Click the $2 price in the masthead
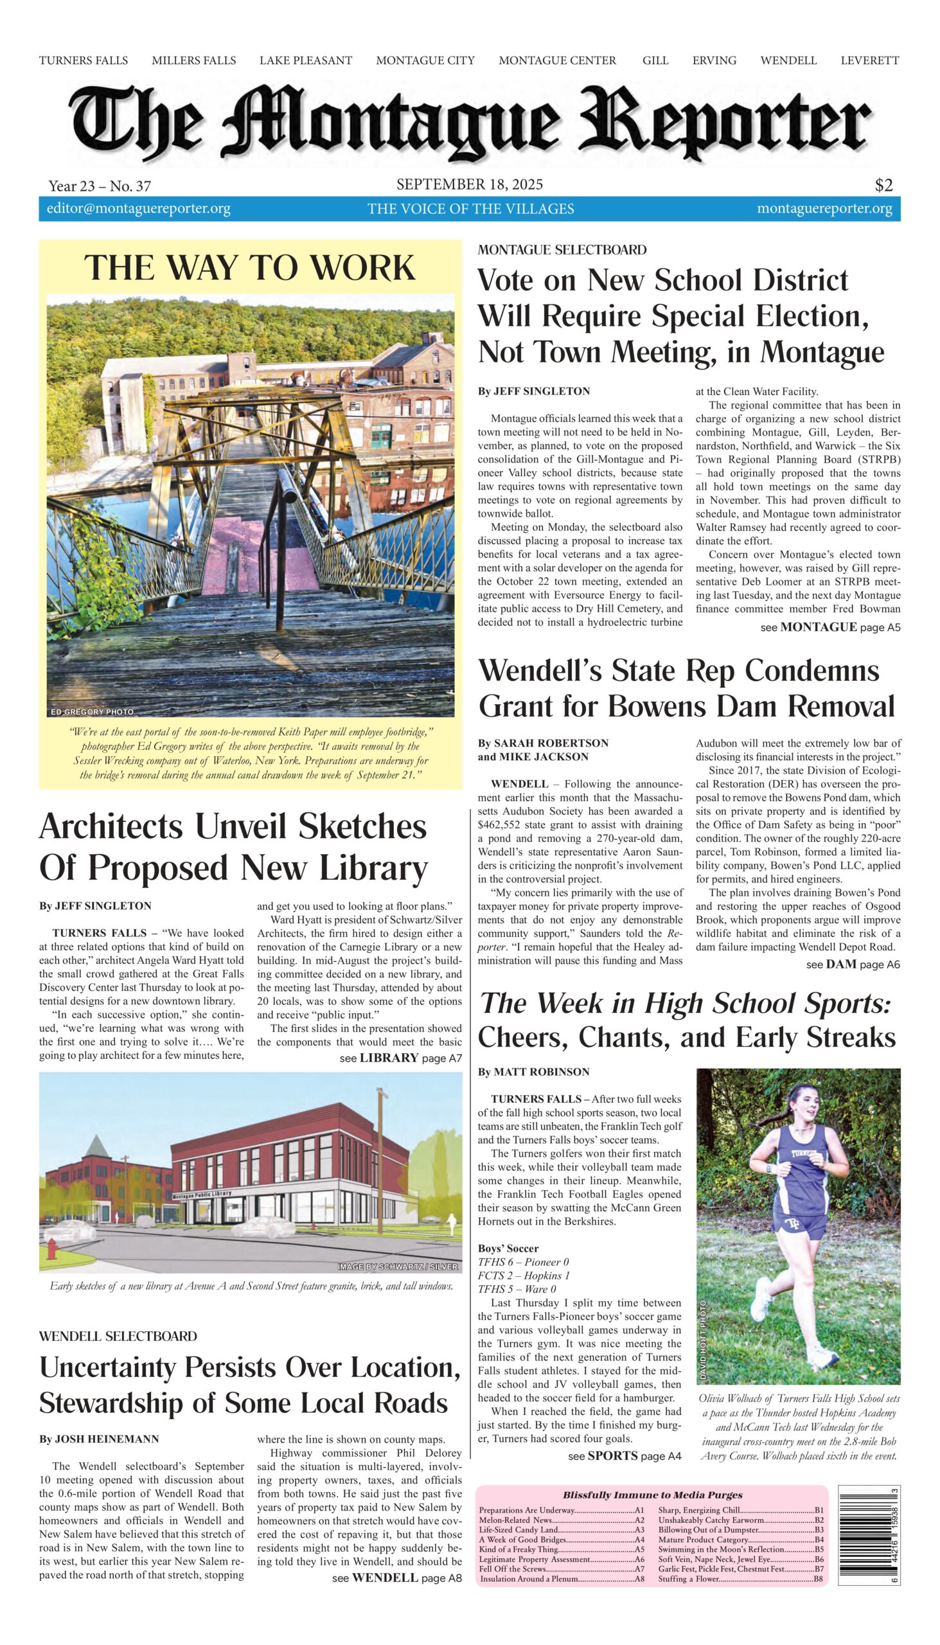(x=883, y=185)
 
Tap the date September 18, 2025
(x=469, y=184)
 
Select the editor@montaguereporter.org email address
(x=138, y=209)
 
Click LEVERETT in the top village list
(x=869, y=60)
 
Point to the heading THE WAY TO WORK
(x=249, y=267)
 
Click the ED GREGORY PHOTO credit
(x=93, y=711)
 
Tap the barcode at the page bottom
(x=868, y=1534)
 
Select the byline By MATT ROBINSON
(x=533, y=1072)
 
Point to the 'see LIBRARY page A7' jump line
(x=400, y=1058)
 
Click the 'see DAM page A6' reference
(x=852, y=965)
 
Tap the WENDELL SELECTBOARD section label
(x=118, y=1336)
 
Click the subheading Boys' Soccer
(x=508, y=1249)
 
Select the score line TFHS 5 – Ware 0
(x=517, y=1289)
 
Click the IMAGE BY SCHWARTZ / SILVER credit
(x=397, y=1267)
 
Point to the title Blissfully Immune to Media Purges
(x=652, y=1495)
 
